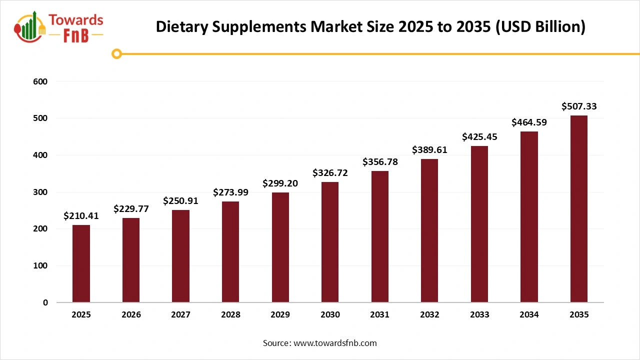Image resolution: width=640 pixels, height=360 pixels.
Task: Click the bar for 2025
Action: [81, 263]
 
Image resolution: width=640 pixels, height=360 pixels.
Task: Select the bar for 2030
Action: [330, 242]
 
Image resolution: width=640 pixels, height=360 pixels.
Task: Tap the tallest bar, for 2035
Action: [579, 209]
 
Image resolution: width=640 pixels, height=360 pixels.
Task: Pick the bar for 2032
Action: [429, 230]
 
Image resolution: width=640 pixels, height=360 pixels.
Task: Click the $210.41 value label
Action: [81, 216]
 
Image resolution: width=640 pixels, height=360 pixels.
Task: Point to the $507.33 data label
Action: [579, 106]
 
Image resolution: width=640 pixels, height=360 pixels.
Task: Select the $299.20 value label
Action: [280, 183]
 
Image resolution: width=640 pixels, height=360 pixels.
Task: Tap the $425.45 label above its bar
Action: [479, 136]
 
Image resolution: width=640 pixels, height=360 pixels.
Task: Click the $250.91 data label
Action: [180, 201]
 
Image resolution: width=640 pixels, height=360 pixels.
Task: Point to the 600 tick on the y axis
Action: [41, 81]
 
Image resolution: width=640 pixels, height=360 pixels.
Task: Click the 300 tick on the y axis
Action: [41, 192]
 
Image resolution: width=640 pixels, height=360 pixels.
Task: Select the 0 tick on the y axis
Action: [44, 302]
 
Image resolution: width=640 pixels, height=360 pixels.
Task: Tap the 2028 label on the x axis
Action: [230, 315]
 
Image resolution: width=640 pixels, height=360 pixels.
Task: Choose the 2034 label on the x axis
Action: [529, 315]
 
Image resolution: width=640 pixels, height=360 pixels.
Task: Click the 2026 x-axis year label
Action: [131, 315]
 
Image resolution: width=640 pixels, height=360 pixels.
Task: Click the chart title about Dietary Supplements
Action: [370, 26]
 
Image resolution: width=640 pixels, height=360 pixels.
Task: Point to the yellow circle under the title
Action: [117, 53]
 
